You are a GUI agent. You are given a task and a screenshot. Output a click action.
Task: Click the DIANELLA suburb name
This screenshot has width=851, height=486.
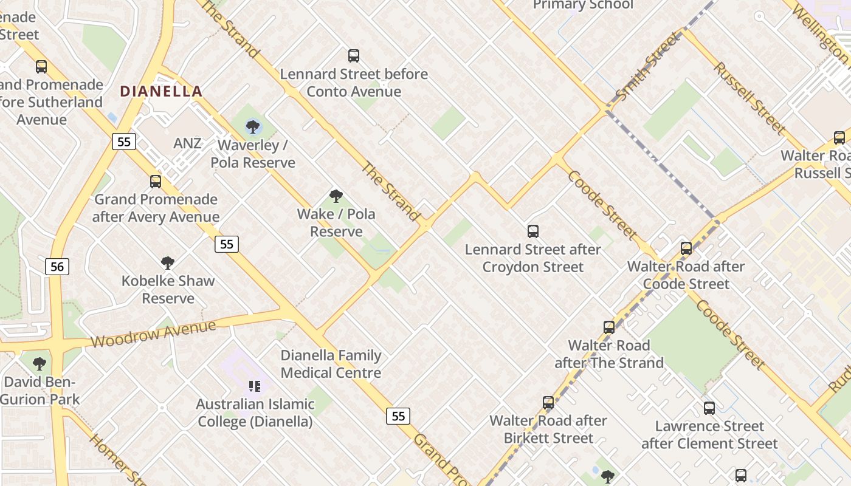pyautogui.click(x=161, y=91)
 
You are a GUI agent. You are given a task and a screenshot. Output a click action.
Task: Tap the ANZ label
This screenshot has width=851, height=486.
pyautogui.click(x=187, y=143)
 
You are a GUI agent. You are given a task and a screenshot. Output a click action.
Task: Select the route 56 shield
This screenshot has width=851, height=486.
pyautogui.click(x=57, y=266)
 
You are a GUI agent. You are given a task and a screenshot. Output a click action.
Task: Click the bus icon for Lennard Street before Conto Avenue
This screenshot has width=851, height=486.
pyautogui.click(x=354, y=56)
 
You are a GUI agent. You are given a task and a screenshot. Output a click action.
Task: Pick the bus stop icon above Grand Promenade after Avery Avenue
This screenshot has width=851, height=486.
pyautogui.click(x=156, y=181)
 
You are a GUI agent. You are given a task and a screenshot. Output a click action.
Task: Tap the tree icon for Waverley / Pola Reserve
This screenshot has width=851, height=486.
pyautogui.click(x=253, y=127)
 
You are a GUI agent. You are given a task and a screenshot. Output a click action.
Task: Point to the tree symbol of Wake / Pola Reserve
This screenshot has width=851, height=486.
pyautogui.click(x=336, y=196)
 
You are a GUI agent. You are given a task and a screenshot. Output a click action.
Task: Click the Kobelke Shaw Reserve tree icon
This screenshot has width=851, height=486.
pyautogui.click(x=168, y=262)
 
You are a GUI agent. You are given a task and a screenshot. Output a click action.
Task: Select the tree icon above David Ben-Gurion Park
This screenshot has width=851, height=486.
pyautogui.click(x=40, y=364)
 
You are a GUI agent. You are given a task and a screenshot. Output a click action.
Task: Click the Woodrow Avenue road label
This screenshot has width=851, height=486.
pyautogui.click(x=153, y=334)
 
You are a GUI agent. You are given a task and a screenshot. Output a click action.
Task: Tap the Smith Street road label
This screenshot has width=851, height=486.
pyautogui.click(x=649, y=67)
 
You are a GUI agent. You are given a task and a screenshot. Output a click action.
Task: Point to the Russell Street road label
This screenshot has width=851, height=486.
pyautogui.click(x=749, y=98)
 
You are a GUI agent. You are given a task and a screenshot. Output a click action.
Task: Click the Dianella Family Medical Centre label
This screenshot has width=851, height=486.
pyautogui.click(x=331, y=364)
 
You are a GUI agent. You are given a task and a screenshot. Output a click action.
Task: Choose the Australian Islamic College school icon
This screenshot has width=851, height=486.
pyautogui.click(x=255, y=386)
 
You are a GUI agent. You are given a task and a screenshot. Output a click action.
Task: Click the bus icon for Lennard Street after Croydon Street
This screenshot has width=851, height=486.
pyautogui.click(x=533, y=231)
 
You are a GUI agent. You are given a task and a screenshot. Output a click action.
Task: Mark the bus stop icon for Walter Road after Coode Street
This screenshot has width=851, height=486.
pyautogui.click(x=686, y=248)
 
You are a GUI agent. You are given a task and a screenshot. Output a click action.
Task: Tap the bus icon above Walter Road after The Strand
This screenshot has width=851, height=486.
pyautogui.click(x=609, y=327)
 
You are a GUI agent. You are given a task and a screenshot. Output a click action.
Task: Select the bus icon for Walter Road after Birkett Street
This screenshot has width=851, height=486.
pyautogui.click(x=548, y=402)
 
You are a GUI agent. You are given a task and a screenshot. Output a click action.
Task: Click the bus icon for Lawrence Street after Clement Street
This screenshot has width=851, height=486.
pyautogui.click(x=709, y=408)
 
